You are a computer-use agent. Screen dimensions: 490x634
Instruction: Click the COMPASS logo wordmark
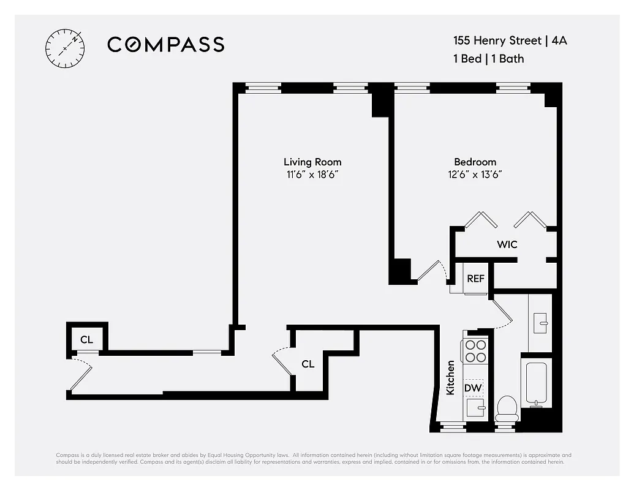click(x=165, y=44)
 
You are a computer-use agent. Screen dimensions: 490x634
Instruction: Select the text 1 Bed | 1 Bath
click(x=488, y=59)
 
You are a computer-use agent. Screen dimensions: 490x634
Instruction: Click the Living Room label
click(x=312, y=162)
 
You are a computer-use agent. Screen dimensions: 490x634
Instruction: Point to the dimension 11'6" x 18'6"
click(x=312, y=174)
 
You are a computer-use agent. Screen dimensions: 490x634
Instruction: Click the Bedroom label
click(x=475, y=162)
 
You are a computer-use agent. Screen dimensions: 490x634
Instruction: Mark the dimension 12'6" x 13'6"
click(x=475, y=174)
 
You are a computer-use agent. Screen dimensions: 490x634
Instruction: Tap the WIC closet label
click(x=507, y=244)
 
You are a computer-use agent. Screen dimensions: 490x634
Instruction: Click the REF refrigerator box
click(x=476, y=279)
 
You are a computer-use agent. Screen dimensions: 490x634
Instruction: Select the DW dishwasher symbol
click(x=472, y=388)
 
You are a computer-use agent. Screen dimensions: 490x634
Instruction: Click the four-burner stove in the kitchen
click(x=475, y=351)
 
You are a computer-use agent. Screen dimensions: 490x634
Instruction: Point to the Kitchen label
click(x=451, y=377)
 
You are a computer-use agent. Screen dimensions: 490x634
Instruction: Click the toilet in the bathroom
click(x=507, y=407)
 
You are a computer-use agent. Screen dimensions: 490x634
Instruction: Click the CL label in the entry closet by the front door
click(x=87, y=339)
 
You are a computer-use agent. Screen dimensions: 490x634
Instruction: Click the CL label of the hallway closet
click(x=308, y=364)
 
